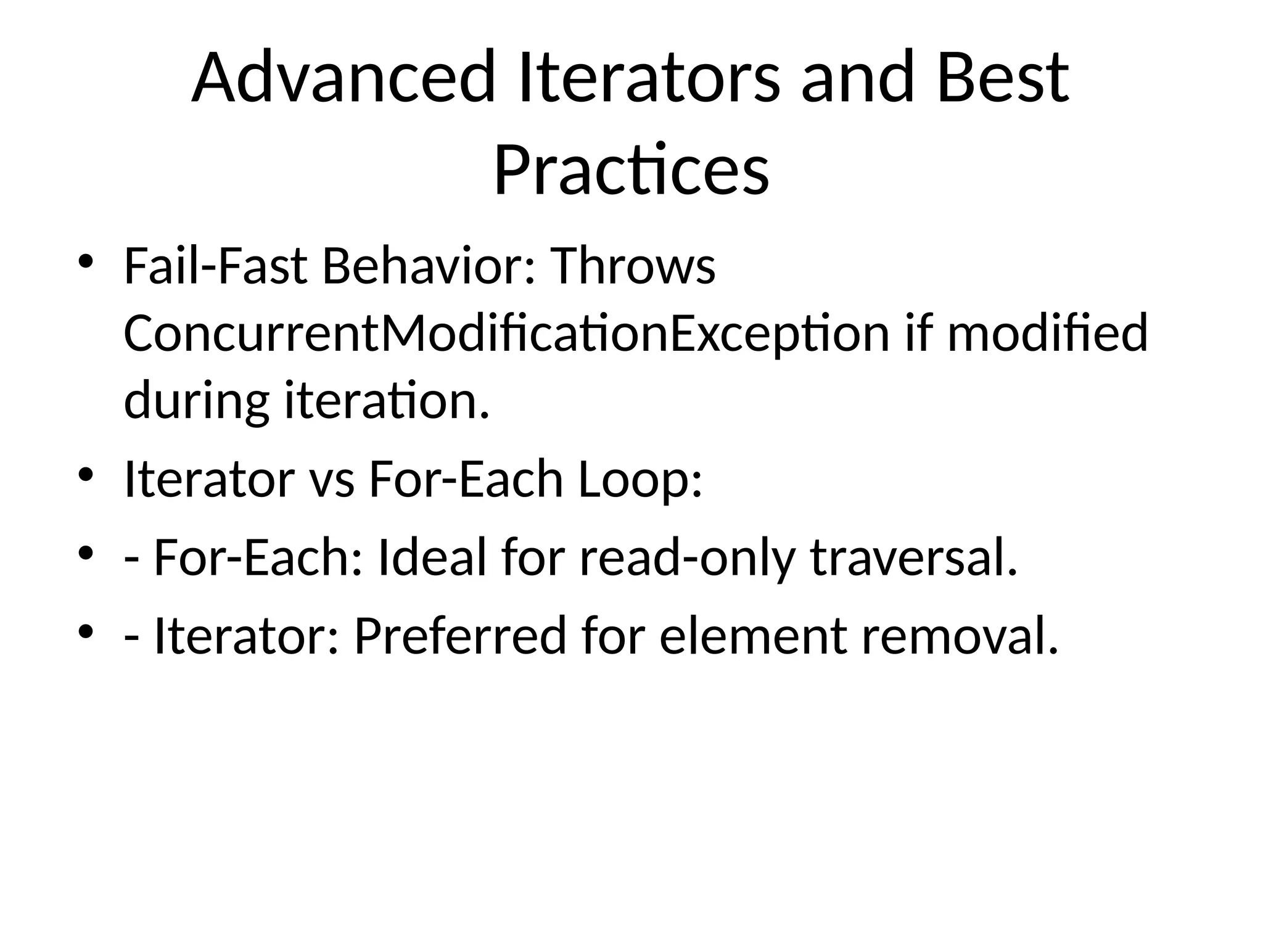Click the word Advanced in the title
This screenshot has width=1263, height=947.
[x=343, y=78]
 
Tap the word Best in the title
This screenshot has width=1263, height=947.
[x=1002, y=78]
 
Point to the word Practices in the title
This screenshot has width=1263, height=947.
[x=631, y=170]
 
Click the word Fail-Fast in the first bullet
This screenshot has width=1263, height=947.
[x=215, y=266]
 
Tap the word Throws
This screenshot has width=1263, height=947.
[x=632, y=266]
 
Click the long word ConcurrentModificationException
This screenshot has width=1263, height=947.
[x=506, y=334]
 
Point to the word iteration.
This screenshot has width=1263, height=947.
[x=386, y=400]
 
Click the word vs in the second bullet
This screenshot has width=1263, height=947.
[x=331, y=479]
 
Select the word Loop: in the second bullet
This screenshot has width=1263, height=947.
[x=640, y=479]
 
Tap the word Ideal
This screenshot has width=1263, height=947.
[x=431, y=558]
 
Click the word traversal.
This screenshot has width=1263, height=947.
[x=913, y=558]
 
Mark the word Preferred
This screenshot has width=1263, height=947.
[x=459, y=636]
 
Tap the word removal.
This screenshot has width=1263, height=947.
[x=960, y=636]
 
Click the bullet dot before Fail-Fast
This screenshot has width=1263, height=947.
[x=86, y=261]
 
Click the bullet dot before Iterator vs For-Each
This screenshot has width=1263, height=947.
[x=86, y=474]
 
